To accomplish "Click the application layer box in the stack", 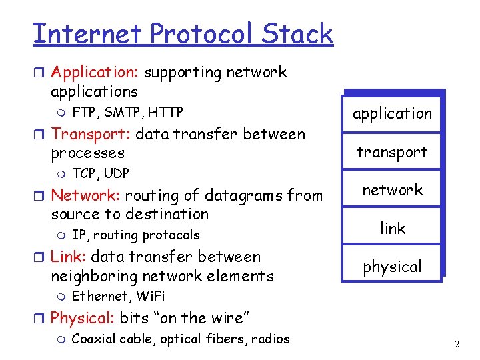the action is pos(392,113).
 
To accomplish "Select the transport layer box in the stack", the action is pos(392,152).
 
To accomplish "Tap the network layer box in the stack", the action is pos(392,190).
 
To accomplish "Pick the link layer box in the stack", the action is pos(392,228).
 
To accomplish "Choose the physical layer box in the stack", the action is pos(392,267).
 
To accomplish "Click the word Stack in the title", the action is pos(297,33).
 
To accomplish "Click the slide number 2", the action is pos(457,345).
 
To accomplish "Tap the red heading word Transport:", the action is pos(91,134).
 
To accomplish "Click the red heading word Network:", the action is pos(86,195).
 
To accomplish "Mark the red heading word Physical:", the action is pos(83,318).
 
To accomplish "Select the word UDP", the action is pos(116,173).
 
